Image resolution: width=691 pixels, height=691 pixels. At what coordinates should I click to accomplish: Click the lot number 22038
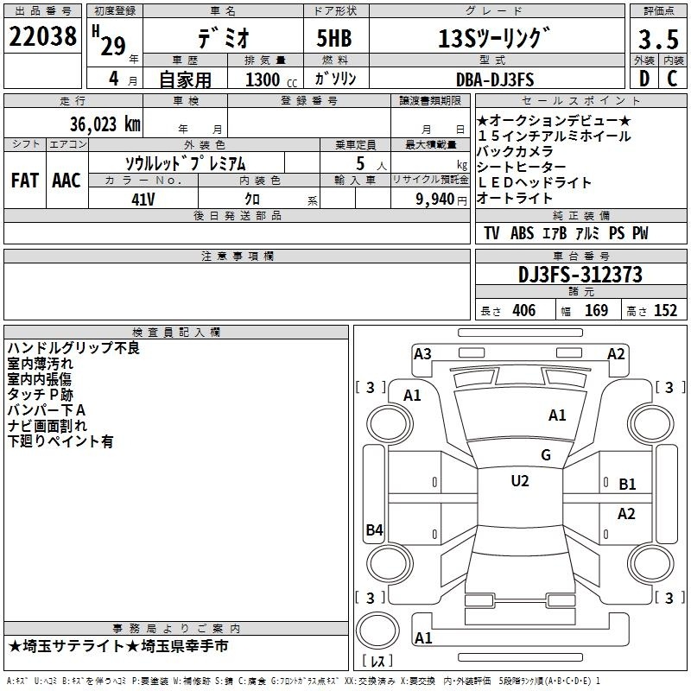click(x=41, y=38)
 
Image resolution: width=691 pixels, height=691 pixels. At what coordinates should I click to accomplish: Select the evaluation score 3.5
click(x=656, y=40)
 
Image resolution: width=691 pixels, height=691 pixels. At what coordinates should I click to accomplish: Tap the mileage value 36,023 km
click(x=103, y=124)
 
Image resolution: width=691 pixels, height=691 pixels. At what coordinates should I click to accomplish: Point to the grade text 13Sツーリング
click(x=493, y=39)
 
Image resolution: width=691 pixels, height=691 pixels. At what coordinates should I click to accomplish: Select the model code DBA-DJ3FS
click(x=494, y=79)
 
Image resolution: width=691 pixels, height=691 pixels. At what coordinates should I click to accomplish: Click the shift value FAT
click(x=25, y=180)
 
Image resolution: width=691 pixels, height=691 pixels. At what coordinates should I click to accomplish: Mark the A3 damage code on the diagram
click(x=422, y=353)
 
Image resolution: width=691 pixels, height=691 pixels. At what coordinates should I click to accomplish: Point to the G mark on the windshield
click(x=546, y=455)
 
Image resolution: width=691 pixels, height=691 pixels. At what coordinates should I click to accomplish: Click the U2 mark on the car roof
click(x=520, y=481)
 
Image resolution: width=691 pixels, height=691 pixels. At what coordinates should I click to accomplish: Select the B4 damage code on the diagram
click(x=374, y=530)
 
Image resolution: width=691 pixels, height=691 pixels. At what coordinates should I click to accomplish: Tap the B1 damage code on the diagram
click(x=627, y=485)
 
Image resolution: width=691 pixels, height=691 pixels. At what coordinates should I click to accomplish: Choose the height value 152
click(x=665, y=311)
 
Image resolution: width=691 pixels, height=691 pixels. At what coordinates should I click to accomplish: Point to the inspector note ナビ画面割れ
click(x=48, y=426)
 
